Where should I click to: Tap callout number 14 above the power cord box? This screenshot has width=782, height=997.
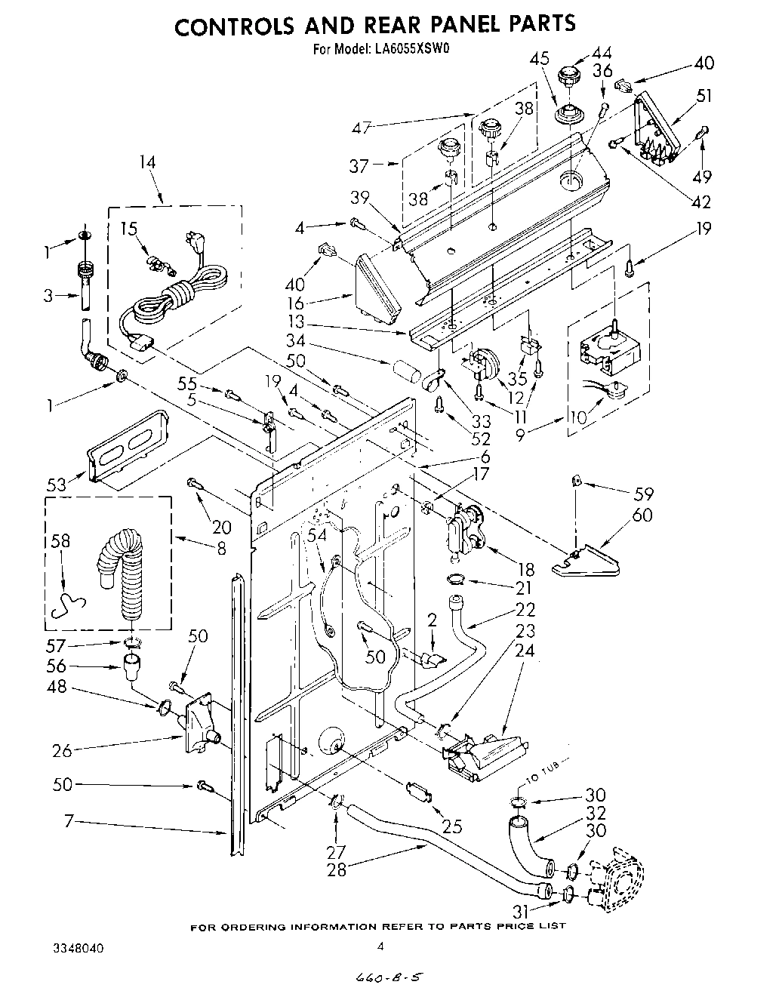pyautogui.click(x=147, y=162)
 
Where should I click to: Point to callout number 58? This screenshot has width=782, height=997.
pyautogui.click(x=62, y=541)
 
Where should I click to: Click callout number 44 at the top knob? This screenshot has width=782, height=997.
pyautogui.click(x=602, y=53)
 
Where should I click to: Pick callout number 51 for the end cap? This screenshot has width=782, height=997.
pyautogui.click(x=704, y=96)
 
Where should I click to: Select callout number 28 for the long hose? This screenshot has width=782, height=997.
pyautogui.click(x=337, y=869)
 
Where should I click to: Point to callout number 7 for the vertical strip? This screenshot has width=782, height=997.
pyautogui.click(x=69, y=822)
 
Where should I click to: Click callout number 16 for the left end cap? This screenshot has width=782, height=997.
pyautogui.click(x=316, y=303)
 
